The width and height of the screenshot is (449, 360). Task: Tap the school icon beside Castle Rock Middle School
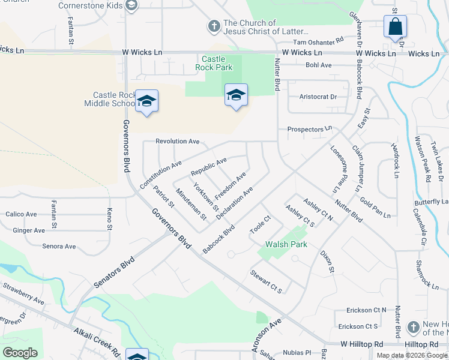click(x=146, y=101)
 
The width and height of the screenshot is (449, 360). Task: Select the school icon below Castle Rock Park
click(x=236, y=95)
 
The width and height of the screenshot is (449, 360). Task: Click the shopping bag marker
click(x=395, y=27)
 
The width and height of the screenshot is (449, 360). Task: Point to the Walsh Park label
click(x=286, y=244)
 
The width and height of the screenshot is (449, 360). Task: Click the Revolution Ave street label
click(x=177, y=141)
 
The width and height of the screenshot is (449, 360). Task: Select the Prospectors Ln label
click(x=309, y=129)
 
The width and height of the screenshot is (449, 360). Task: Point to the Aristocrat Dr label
click(x=318, y=97)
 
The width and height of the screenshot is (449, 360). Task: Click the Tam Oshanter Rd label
click(x=318, y=41)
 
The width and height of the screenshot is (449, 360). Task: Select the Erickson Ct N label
click(x=366, y=310)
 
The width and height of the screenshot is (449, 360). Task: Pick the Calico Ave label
click(x=21, y=214)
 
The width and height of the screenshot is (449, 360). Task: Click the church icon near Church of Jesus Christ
click(x=214, y=26)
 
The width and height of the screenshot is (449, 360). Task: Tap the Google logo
click(x=20, y=352)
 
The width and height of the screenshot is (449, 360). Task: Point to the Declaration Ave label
click(x=234, y=202)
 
